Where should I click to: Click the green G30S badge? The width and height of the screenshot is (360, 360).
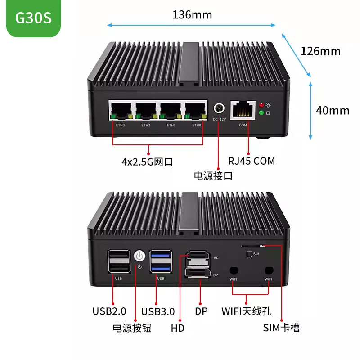click(x=33, y=18)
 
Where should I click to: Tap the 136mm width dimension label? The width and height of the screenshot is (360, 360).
click(x=192, y=15)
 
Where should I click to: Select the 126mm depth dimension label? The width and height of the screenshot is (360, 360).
click(x=320, y=51)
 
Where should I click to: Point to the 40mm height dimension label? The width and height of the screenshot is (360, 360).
click(x=333, y=110)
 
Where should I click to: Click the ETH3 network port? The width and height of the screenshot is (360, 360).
click(x=121, y=111)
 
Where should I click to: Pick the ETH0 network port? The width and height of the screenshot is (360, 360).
click(x=195, y=111)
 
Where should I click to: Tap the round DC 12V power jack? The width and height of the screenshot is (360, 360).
click(x=219, y=108)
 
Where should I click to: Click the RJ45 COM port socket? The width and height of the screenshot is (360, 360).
click(x=243, y=110)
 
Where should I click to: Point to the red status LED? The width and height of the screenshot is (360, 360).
click(x=261, y=105)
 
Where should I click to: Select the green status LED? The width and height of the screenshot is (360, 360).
click(x=261, y=113)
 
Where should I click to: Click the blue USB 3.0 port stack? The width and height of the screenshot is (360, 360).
click(x=161, y=262)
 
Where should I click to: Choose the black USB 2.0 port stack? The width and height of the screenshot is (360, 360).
click(x=119, y=262)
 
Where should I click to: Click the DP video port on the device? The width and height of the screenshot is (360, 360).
click(x=198, y=273)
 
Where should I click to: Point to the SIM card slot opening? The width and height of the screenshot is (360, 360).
click(x=253, y=246)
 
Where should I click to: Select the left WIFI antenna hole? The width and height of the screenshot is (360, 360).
click(x=234, y=270)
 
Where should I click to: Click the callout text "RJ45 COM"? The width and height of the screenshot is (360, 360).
click(x=252, y=161)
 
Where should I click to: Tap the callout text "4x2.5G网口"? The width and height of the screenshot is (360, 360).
click(x=148, y=162)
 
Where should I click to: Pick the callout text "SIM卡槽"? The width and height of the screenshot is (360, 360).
click(x=281, y=328)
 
